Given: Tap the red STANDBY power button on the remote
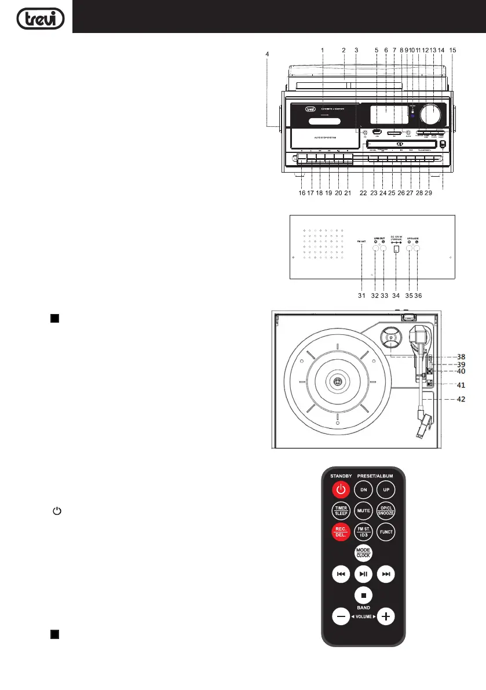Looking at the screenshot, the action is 341,490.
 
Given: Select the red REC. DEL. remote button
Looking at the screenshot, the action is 341,531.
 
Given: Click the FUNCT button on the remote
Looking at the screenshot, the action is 386,531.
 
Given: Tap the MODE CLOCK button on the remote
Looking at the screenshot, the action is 363,552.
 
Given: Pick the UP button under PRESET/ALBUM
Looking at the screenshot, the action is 386,490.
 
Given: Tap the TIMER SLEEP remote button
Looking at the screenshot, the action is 341,511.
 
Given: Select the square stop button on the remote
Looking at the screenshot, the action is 363,595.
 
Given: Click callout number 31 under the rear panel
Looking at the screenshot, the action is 361,295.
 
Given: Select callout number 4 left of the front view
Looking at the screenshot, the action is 267,54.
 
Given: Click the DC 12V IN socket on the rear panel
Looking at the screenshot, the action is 396,249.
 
